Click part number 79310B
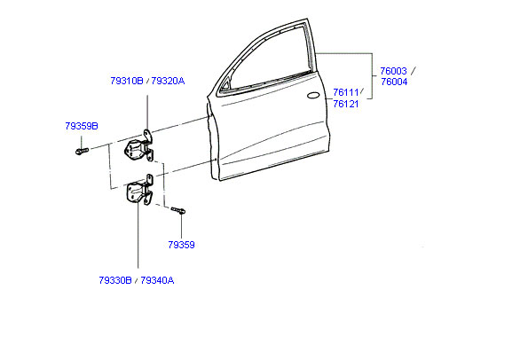[127, 81]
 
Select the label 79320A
[168, 81]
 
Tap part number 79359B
[82, 126]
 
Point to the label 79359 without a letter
[181, 245]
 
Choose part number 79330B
[115, 280]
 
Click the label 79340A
[157, 280]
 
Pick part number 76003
[393, 71]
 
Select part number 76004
[394, 82]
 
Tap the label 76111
[346, 92]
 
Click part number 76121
[346, 104]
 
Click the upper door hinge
[139, 147]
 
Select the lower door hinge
[139, 191]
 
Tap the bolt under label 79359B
[82, 151]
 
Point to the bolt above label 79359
[178, 210]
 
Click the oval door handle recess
[313, 96]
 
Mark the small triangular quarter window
[225, 85]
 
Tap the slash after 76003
[414, 71]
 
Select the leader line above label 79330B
[138, 234]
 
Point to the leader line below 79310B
[146, 113]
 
